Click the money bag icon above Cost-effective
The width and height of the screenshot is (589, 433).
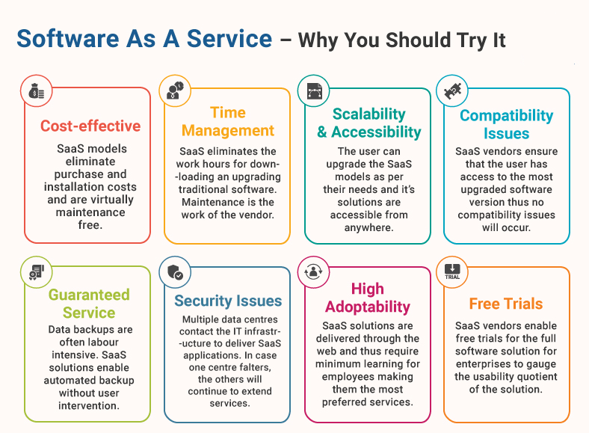coord(37,91)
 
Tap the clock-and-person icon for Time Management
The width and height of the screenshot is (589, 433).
coord(176,90)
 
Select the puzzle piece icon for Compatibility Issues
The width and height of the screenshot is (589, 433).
coord(452,90)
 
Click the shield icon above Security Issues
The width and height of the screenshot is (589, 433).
coord(175,272)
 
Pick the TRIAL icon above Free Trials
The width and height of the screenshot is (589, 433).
coord(452,271)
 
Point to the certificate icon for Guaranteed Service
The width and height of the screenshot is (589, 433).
coord(37,272)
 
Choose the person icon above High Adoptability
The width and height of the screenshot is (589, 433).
coord(313,271)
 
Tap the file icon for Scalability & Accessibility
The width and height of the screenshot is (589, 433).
coord(314,91)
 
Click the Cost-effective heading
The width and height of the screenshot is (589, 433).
coord(90,126)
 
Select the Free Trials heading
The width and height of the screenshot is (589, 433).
coord(506,304)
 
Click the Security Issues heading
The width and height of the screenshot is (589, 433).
coord(228,301)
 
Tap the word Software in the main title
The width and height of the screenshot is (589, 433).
coord(68,39)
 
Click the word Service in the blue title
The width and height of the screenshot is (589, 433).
coord(229,39)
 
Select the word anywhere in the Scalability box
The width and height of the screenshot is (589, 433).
coord(369,228)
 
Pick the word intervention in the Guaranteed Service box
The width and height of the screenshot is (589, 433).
coord(89,406)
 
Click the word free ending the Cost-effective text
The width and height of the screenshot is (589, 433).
coord(90,225)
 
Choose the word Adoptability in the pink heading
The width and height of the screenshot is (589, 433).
coord(368,307)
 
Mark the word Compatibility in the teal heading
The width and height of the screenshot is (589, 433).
coord(506,116)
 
